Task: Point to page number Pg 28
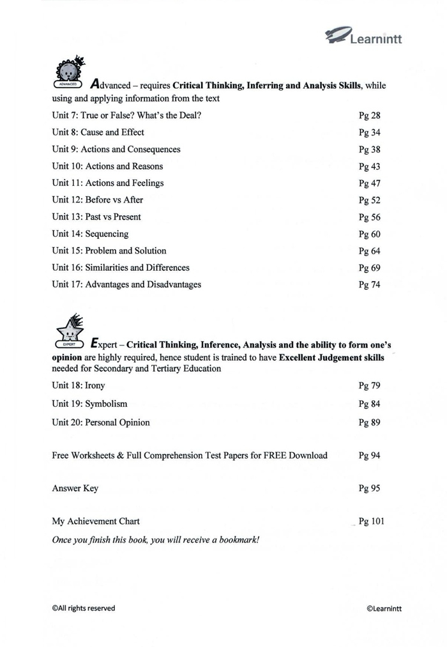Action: pos(370,116)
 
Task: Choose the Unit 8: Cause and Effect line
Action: pos(98,132)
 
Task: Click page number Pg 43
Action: pos(370,166)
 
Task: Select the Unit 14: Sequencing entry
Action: pos(90,234)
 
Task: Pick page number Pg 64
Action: pos(370,250)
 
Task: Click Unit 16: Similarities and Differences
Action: pos(121,268)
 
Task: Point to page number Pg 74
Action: pos(370,285)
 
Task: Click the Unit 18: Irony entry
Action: pos(79,386)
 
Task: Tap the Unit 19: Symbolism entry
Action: pos(89,404)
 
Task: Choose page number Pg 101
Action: pos(372,521)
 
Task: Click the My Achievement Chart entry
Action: pos(96,521)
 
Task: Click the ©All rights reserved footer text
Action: pos(83,608)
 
